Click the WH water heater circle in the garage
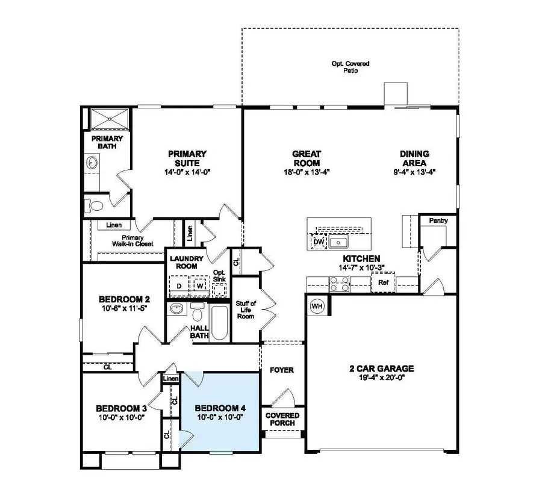point(317,307)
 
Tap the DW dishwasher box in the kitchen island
point(319,241)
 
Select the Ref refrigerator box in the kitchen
point(382,282)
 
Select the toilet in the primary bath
point(93,205)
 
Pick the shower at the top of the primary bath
point(109,118)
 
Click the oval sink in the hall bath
point(176,310)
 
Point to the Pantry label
point(438,221)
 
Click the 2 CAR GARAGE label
point(382,369)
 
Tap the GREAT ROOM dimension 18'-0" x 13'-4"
point(307,172)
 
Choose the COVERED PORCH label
point(282,419)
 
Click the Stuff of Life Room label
point(245,310)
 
